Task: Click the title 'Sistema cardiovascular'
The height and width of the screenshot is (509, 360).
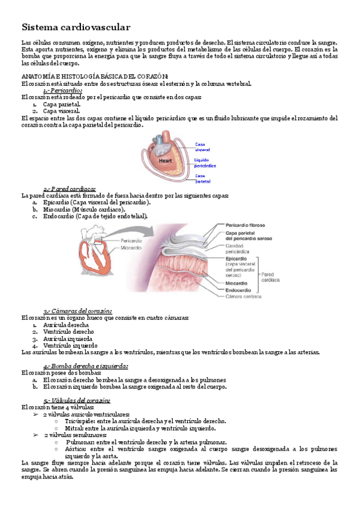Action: click(x=76, y=28)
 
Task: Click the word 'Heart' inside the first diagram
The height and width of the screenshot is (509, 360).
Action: click(x=166, y=161)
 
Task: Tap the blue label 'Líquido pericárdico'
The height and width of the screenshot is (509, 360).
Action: click(x=205, y=162)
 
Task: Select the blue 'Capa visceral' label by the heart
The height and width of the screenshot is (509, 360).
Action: click(x=202, y=146)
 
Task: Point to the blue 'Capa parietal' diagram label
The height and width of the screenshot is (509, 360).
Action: click(x=202, y=178)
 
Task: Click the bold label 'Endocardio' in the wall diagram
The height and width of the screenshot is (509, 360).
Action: click(x=238, y=289)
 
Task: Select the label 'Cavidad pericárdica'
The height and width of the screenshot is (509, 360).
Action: click(x=239, y=249)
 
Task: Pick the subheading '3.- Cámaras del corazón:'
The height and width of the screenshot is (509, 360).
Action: click(x=78, y=311)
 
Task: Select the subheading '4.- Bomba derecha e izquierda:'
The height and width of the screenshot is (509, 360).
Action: click(x=86, y=366)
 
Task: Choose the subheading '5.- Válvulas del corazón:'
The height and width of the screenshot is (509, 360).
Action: click(x=77, y=400)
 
